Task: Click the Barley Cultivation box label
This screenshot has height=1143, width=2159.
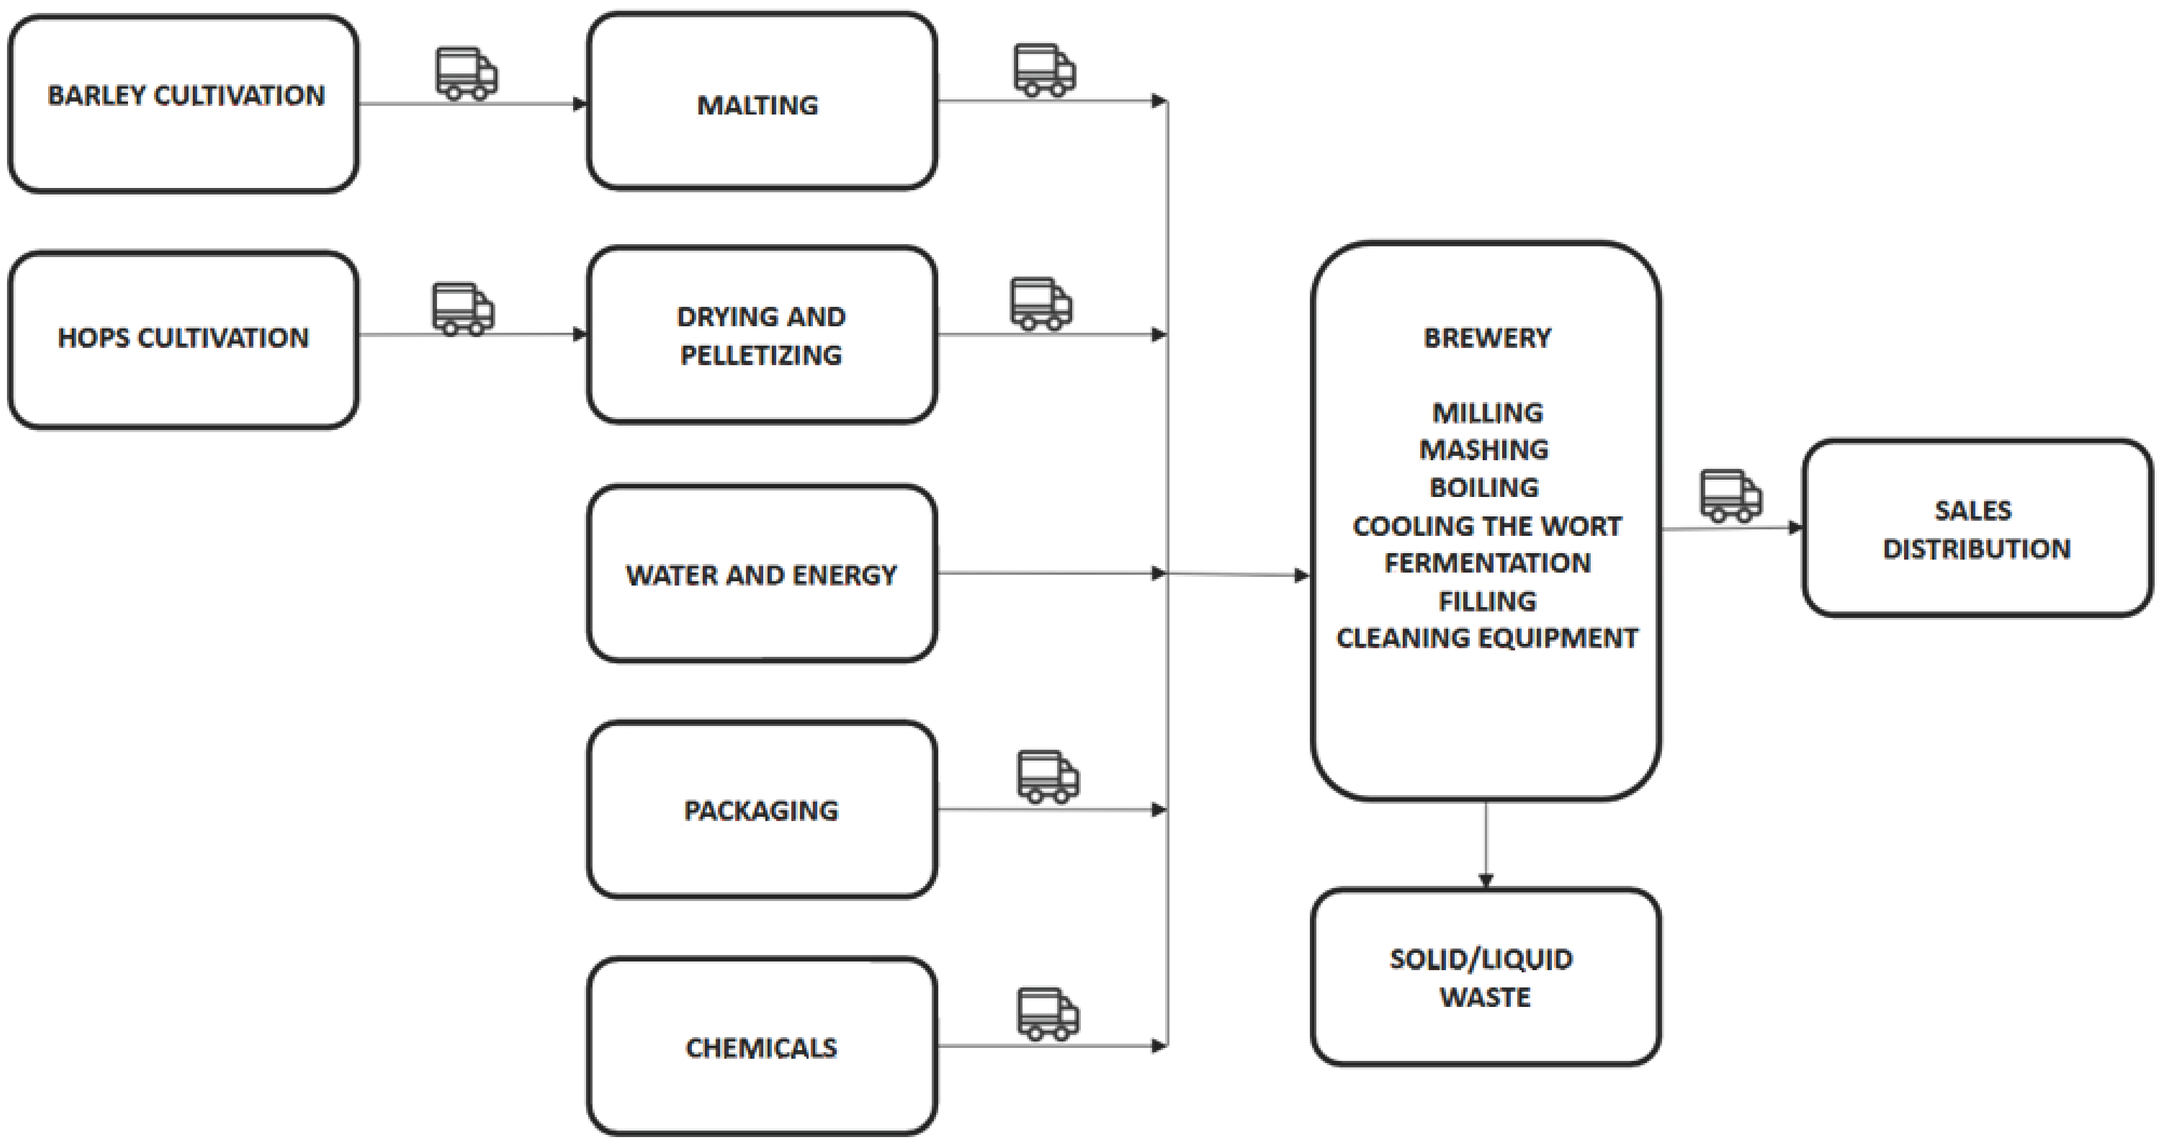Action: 186,96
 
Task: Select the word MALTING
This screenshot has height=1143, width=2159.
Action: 758,105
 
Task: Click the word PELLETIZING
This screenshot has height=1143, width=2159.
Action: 761,355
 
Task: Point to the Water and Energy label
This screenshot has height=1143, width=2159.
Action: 761,575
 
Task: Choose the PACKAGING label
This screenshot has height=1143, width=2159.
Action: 761,810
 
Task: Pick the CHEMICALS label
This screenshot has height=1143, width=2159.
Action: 761,1047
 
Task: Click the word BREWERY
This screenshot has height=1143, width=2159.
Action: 1487,338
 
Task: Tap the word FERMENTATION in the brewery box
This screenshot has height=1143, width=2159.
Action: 1487,563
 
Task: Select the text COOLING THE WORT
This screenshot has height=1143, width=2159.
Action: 1487,526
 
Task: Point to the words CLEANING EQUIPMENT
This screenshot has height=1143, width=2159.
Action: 1487,638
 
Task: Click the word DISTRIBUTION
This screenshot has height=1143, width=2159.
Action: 1976,549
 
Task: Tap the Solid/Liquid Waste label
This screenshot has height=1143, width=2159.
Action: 1483,978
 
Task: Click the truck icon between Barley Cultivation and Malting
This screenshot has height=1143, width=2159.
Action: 466,74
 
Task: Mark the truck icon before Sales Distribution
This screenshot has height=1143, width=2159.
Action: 1730,495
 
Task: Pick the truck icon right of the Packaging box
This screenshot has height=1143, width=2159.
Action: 1048,777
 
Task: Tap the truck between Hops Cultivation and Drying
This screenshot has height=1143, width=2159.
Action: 462,309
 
